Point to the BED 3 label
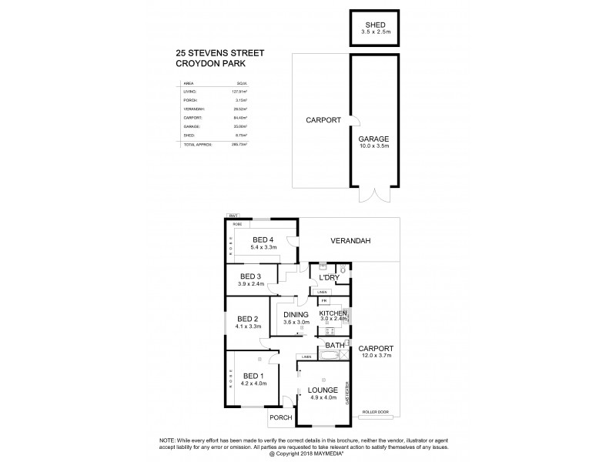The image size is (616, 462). click(x=252, y=276)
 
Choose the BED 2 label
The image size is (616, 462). click(x=248, y=318)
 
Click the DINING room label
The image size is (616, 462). click(x=296, y=314)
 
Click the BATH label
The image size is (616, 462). click(x=335, y=346)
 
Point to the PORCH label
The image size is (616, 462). click(x=280, y=419)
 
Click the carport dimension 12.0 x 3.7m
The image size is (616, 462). click(x=375, y=355)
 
